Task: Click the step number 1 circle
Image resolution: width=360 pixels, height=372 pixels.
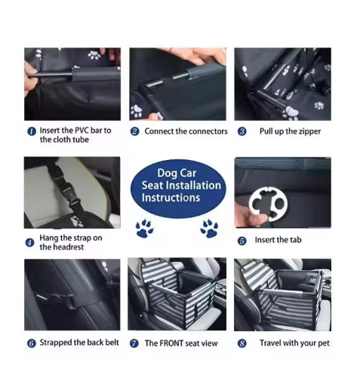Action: coord(32,131)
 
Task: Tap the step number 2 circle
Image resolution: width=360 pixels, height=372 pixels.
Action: coord(134,131)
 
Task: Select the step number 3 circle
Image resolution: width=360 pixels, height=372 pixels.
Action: coord(242,131)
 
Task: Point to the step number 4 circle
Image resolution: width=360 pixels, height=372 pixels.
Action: coord(30,243)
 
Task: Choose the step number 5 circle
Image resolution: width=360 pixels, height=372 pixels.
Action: coord(242,241)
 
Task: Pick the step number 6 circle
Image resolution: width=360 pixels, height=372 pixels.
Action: coord(32,343)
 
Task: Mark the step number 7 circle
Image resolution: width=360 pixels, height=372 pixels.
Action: coord(134,343)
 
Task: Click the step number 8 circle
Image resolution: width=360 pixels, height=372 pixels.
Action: coord(242,343)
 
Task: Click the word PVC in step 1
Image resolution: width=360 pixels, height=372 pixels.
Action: coord(82,131)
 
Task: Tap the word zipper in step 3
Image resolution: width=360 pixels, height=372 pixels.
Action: coord(310,131)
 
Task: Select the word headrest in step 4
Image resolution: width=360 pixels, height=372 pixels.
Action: coord(68,247)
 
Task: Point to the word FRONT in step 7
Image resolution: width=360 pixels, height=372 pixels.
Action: coord(171,343)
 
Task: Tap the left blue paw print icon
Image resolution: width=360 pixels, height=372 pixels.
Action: coord(145,228)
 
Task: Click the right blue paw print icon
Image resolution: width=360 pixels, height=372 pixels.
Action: coord(209,228)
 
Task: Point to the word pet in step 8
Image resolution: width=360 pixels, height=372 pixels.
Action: coord(324,343)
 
